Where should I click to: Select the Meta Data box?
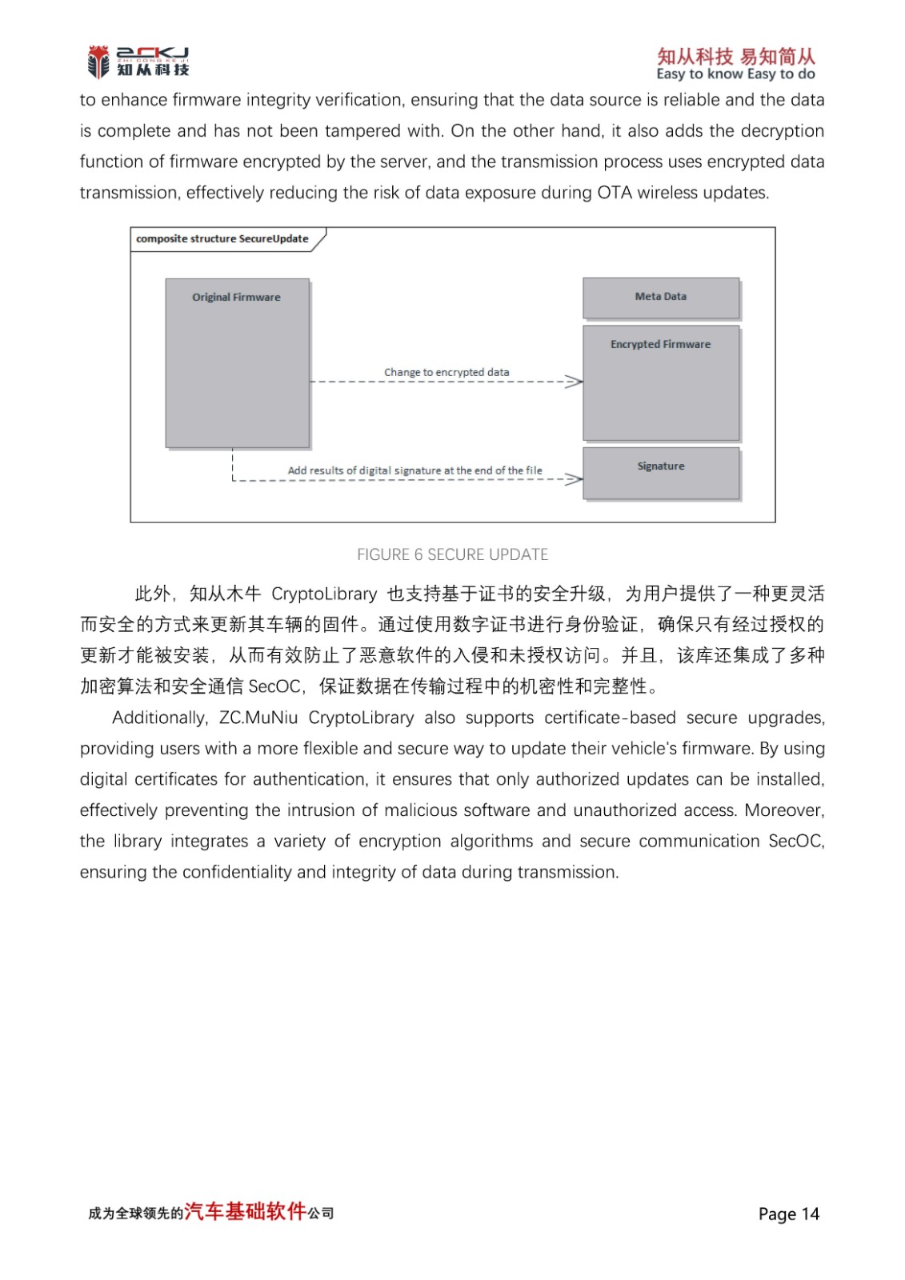click(661, 298)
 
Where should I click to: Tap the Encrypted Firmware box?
click(661, 382)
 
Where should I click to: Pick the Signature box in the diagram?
click(661, 473)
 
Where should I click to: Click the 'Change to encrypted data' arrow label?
click(446, 372)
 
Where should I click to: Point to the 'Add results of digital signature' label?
click(414, 470)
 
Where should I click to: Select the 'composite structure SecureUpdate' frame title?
click(222, 238)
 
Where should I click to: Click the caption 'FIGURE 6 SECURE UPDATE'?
click(452, 554)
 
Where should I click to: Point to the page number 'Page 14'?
click(788, 1214)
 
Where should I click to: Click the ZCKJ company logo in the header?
click(138, 62)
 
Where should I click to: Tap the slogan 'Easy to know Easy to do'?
click(735, 74)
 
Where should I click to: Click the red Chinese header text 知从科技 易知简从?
click(735, 56)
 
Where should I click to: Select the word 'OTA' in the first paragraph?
click(615, 193)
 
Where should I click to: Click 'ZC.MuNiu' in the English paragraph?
click(258, 718)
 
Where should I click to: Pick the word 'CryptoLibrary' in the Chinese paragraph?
click(324, 594)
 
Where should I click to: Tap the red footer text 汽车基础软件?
click(246, 1211)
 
